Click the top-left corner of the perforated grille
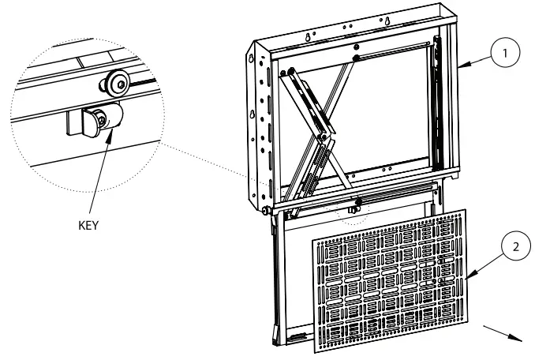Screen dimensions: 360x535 316,241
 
